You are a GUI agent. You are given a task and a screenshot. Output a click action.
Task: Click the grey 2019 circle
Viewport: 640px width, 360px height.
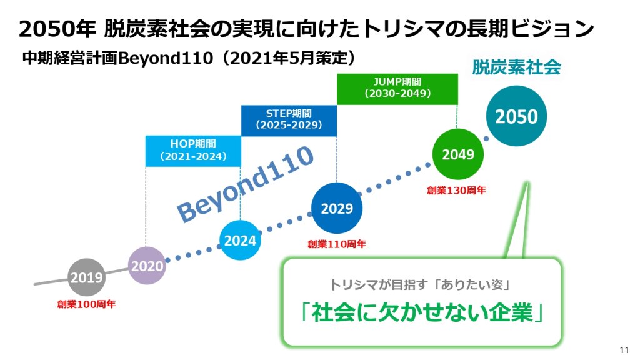[86, 277]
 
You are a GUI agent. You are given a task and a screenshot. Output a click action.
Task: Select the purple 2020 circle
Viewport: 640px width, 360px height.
[147, 266]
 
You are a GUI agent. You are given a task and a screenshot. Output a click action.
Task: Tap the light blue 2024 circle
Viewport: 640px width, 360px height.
[241, 240]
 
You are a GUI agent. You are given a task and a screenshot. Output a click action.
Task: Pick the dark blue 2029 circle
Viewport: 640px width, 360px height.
[337, 208]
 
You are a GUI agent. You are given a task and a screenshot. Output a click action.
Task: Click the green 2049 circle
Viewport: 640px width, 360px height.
[458, 154]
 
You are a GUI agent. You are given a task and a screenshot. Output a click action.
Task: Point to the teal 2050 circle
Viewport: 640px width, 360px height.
[516, 116]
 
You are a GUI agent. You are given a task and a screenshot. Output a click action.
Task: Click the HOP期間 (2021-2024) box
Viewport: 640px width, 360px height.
[193, 151]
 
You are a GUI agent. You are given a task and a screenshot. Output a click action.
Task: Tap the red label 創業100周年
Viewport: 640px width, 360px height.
[86, 305]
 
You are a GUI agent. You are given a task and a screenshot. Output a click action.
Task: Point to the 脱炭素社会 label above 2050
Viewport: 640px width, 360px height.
[516, 67]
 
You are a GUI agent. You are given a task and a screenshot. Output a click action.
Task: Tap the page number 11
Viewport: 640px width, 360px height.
[624, 349]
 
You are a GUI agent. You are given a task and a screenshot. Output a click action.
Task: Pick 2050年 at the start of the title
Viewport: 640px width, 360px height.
[56, 29]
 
